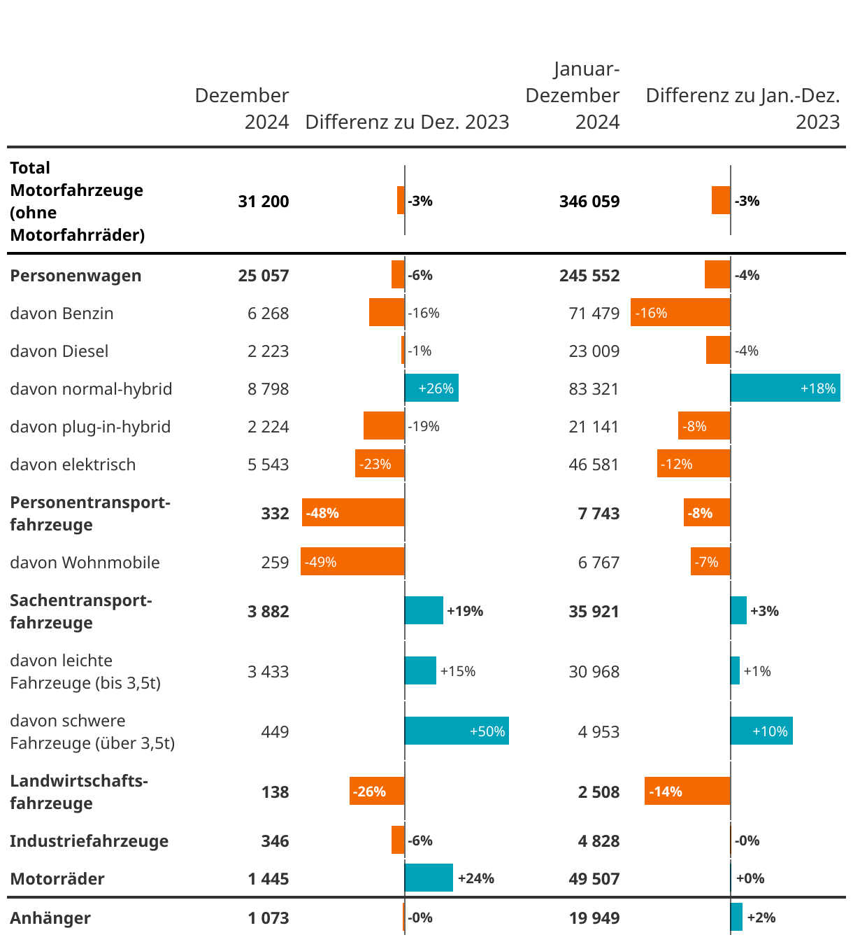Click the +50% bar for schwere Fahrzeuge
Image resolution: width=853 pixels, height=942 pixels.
457,731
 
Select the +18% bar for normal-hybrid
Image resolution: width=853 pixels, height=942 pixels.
785,388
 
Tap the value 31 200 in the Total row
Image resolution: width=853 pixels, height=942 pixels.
264,202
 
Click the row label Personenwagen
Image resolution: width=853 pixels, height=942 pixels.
76,276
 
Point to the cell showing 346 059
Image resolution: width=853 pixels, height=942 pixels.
589,202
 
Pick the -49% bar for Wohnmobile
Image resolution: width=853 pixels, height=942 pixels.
352,562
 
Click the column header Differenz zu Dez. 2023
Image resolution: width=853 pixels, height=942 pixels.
407,122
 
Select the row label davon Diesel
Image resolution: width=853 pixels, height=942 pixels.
59,351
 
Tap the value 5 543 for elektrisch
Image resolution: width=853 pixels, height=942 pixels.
268,465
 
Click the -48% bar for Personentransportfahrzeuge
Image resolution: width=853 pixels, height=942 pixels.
353,513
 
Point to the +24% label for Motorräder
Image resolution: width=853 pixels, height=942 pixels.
475,878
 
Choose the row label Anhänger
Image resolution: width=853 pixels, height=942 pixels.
50,918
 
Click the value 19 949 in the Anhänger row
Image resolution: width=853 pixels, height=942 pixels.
594,918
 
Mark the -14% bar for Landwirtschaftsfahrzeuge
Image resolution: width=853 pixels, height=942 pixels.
687,792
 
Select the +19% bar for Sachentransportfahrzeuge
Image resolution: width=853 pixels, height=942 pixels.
424,611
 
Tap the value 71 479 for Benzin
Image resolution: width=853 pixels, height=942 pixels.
594,314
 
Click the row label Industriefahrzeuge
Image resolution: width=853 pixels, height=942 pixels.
89,841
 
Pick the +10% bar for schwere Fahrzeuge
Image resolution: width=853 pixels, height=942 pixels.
761,731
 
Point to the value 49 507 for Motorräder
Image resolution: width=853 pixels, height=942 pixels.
594,879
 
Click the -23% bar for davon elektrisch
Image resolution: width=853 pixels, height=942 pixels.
380,464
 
